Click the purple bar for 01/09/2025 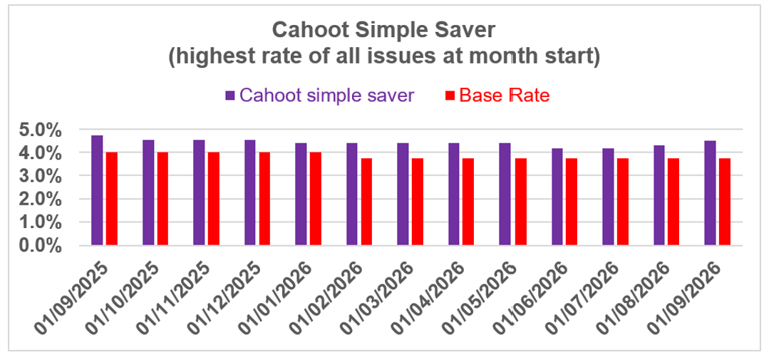(x=97, y=190)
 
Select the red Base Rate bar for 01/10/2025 (x=162, y=198)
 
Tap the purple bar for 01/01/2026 (x=301, y=194)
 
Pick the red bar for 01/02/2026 (x=366, y=202)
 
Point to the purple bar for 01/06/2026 (x=557, y=197)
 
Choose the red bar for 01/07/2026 (x=623, y=202)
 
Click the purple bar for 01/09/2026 (x=710, y=193)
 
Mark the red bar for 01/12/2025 (x=264, y=198)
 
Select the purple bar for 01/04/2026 (x=453, y=194)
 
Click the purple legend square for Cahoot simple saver (x=230, y=96)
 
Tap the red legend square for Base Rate (x=450, y=96)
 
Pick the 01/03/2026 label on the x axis (x=384, y=296)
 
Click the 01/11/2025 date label (x=180, y=296)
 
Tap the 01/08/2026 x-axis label (x=639, y=296)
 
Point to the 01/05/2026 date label (x=486, y=296)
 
